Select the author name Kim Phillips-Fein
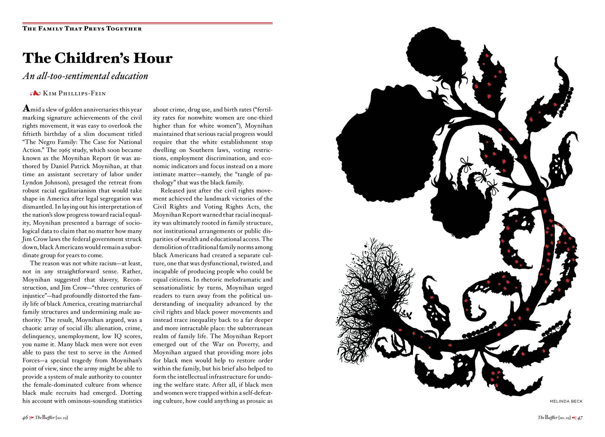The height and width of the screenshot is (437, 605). [x=74, y=93]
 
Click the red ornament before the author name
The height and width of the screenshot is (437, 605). [x=36, y=93]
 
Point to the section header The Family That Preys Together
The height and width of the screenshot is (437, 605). [x=82, y=29]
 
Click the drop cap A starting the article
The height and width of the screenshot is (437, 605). [x=26, y=108]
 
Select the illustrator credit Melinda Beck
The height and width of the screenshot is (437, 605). [x=566, y=401]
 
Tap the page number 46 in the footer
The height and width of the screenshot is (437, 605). [x=25, y=418]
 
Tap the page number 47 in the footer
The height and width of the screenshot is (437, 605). [x=580, y=418]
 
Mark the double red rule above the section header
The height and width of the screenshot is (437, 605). [x=147, y=23]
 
